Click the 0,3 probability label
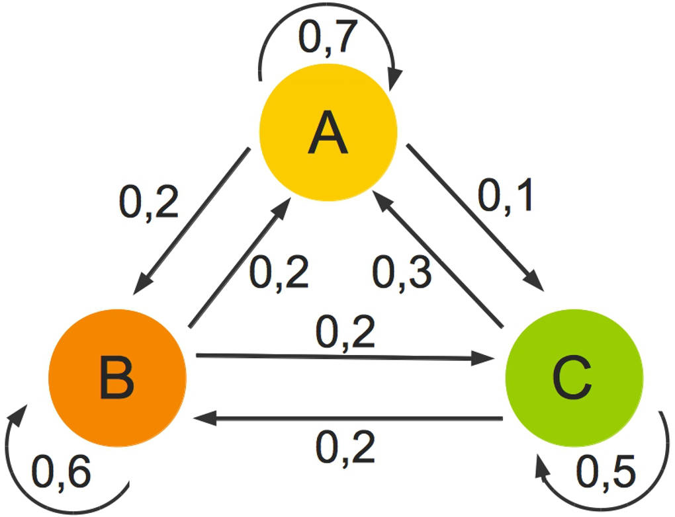402,272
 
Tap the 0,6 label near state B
61,472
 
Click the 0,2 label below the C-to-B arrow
345,448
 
